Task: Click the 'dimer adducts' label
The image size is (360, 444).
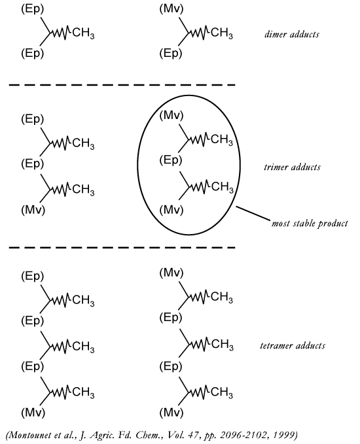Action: click(x=292, y=34)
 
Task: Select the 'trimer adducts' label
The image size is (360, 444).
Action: click(x=292, y=167)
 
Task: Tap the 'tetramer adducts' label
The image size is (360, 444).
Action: click(x=293, y=345)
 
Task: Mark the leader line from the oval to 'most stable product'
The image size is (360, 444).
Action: click(x=253, y=213)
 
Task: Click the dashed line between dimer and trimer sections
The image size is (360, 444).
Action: click(x=122, y=84)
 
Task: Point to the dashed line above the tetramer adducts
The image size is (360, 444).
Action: click(x=122, y=248)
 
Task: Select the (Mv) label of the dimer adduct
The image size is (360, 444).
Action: click(x=171, y=9)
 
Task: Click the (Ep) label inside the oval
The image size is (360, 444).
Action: click(x=171, y=160)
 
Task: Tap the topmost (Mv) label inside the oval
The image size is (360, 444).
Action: click(x=171, y=115)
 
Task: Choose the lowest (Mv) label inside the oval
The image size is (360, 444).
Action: click(x=171, y=210)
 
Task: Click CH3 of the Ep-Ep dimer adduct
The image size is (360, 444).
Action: click(x=83, y=33)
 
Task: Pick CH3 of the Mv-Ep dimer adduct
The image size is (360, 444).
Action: click(x=222, y=33)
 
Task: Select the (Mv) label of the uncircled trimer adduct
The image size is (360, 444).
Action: click(x=33, y=210)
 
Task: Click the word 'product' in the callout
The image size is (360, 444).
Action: click(x=333, y=224)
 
